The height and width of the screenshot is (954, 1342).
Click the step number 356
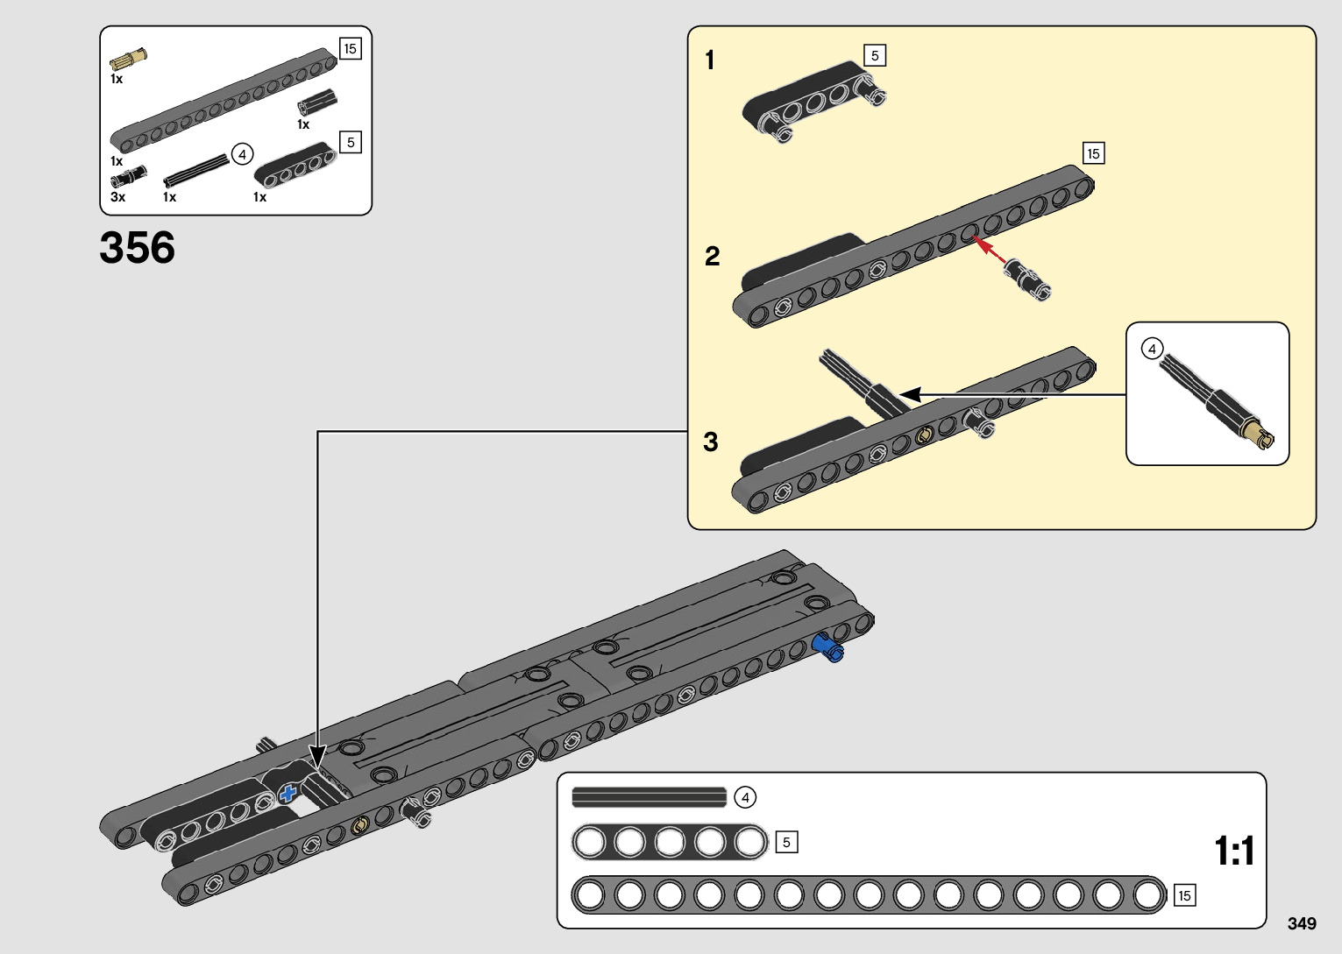coord(138,247)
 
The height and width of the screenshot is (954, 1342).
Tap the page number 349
coord(1302,923)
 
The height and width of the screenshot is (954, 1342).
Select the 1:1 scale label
coord(1234,851)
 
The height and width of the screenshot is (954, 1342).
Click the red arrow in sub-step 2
coord(989,249)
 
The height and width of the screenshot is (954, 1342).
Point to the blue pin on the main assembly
coord(828,648)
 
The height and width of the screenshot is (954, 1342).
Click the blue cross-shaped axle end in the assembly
coord(288,794)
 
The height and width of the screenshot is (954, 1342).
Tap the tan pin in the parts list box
coord(128,59)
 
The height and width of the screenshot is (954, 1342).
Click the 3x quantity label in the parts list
coord(118,197)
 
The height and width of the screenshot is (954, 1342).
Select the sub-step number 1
coord(710,60)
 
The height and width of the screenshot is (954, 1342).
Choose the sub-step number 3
coord(711,442)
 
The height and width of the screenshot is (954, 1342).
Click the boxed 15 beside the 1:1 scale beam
coord(1184,896)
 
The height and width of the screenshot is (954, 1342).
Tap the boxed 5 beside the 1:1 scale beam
coord(786,843)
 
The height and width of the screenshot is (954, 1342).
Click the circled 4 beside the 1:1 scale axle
coord(745,798)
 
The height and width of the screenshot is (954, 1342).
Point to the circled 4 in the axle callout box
coord(1152,349)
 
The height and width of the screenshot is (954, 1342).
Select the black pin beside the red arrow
coord(1027,279)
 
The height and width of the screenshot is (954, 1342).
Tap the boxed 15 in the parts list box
coord(351,48)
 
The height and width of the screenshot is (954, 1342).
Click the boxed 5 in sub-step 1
coord(875,56)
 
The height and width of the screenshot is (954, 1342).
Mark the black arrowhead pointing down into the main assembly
coord(317,756)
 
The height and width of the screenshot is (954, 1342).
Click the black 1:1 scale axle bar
coord(650,798)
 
